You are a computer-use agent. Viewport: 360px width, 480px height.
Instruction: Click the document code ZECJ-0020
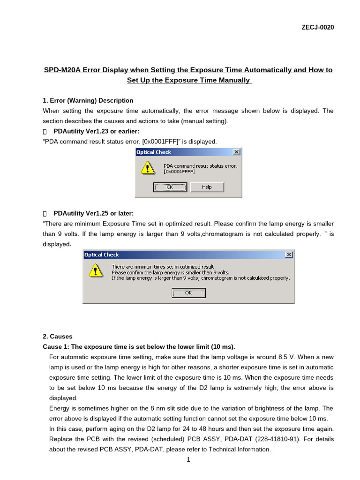click(x=318, y=27)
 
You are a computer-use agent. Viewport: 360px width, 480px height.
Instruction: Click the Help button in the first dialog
click(x=207, y=187)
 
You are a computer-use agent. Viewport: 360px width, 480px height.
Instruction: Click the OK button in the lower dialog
click(x=188, y=292)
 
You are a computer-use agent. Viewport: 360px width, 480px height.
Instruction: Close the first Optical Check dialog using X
click(x=236, y=152)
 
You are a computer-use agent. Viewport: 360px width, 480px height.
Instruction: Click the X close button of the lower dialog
click(x=289, y=255)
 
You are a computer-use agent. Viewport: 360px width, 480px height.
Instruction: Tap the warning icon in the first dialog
click(x=147, y=168)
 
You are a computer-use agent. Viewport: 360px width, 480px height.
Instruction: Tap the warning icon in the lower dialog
click(x=95, y=270)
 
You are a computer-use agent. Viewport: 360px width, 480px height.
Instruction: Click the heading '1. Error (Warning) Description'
click(x=88, y=100)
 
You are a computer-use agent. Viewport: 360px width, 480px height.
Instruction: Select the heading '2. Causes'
click(x=58, y=337)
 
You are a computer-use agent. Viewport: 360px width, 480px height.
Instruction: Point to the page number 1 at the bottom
click(x=188, y=460)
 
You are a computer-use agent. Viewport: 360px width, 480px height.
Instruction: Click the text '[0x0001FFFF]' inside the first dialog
click(x=179, y=172)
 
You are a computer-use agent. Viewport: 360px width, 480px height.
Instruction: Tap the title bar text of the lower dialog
click(x=102, y=255)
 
